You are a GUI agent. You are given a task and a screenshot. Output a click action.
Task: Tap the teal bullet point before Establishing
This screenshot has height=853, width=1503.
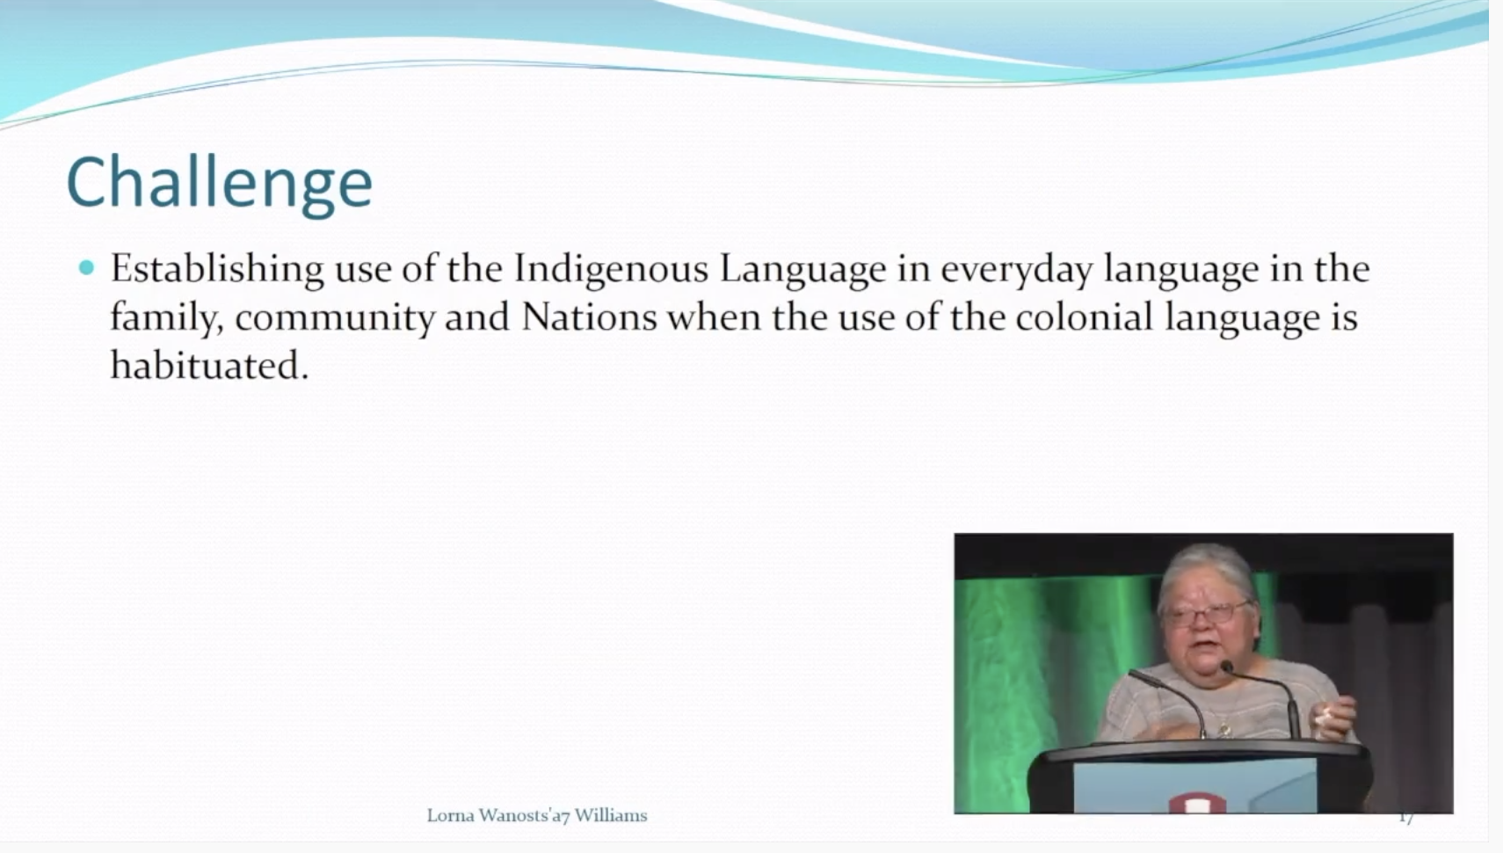point(86,268)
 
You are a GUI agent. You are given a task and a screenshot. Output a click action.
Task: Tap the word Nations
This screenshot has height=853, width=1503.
point(588,317)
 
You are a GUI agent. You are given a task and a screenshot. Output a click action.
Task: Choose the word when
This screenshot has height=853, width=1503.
point(714,317)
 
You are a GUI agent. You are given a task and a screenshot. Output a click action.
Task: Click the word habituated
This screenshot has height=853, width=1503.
point(209,366)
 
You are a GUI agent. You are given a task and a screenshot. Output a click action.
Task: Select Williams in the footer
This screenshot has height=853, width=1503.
point(611,815)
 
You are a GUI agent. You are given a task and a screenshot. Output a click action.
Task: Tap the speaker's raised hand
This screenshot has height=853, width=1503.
point(1334,718)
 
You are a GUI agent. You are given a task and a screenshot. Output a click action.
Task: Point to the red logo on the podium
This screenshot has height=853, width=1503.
point(1197,803)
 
